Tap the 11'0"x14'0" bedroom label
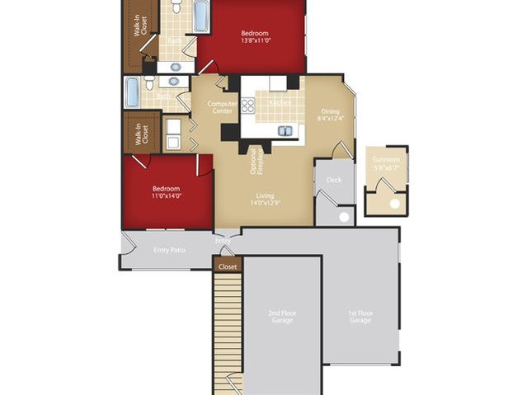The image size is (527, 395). (x=166, y=192)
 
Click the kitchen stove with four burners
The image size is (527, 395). (x=248, y=105)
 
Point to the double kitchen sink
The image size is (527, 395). (x=285, y=130)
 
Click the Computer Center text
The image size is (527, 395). (x=222, y=108)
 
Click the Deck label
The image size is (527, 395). (x=334, y=179)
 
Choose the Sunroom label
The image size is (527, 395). (x=385, y=163)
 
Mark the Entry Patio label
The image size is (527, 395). (x=170, y=250)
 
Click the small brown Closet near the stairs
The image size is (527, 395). (x=228, y=266)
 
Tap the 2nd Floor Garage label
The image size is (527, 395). (x=283, y=317)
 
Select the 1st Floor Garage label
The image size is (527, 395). (x=360, y=317)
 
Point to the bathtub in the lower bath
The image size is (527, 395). (x=132, y=92)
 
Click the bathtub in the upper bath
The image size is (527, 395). (x=201, y=15)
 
